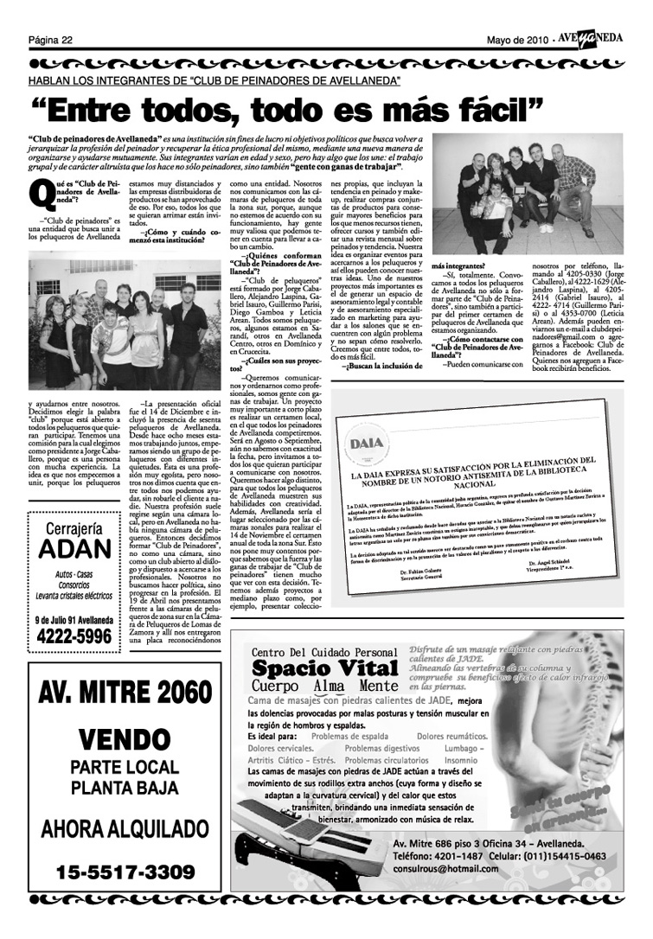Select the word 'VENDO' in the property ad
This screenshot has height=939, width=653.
coord(125,740)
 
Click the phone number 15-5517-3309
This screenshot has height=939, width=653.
coord(125,870)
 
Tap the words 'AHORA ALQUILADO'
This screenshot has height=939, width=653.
coord(125,827)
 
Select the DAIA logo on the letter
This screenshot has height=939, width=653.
coord(368,444)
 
